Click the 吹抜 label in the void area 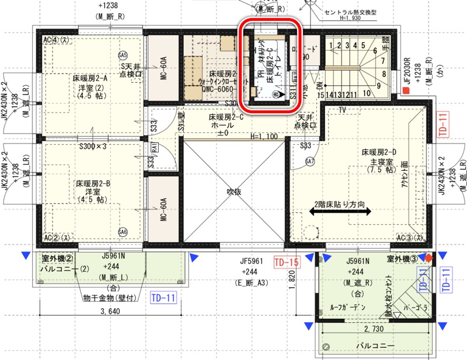tap(234, 191)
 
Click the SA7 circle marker tap(310, 161)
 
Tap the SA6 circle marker tap(122, 231)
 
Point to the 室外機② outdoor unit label tap(57, 258)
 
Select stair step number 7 tap(382, 60)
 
